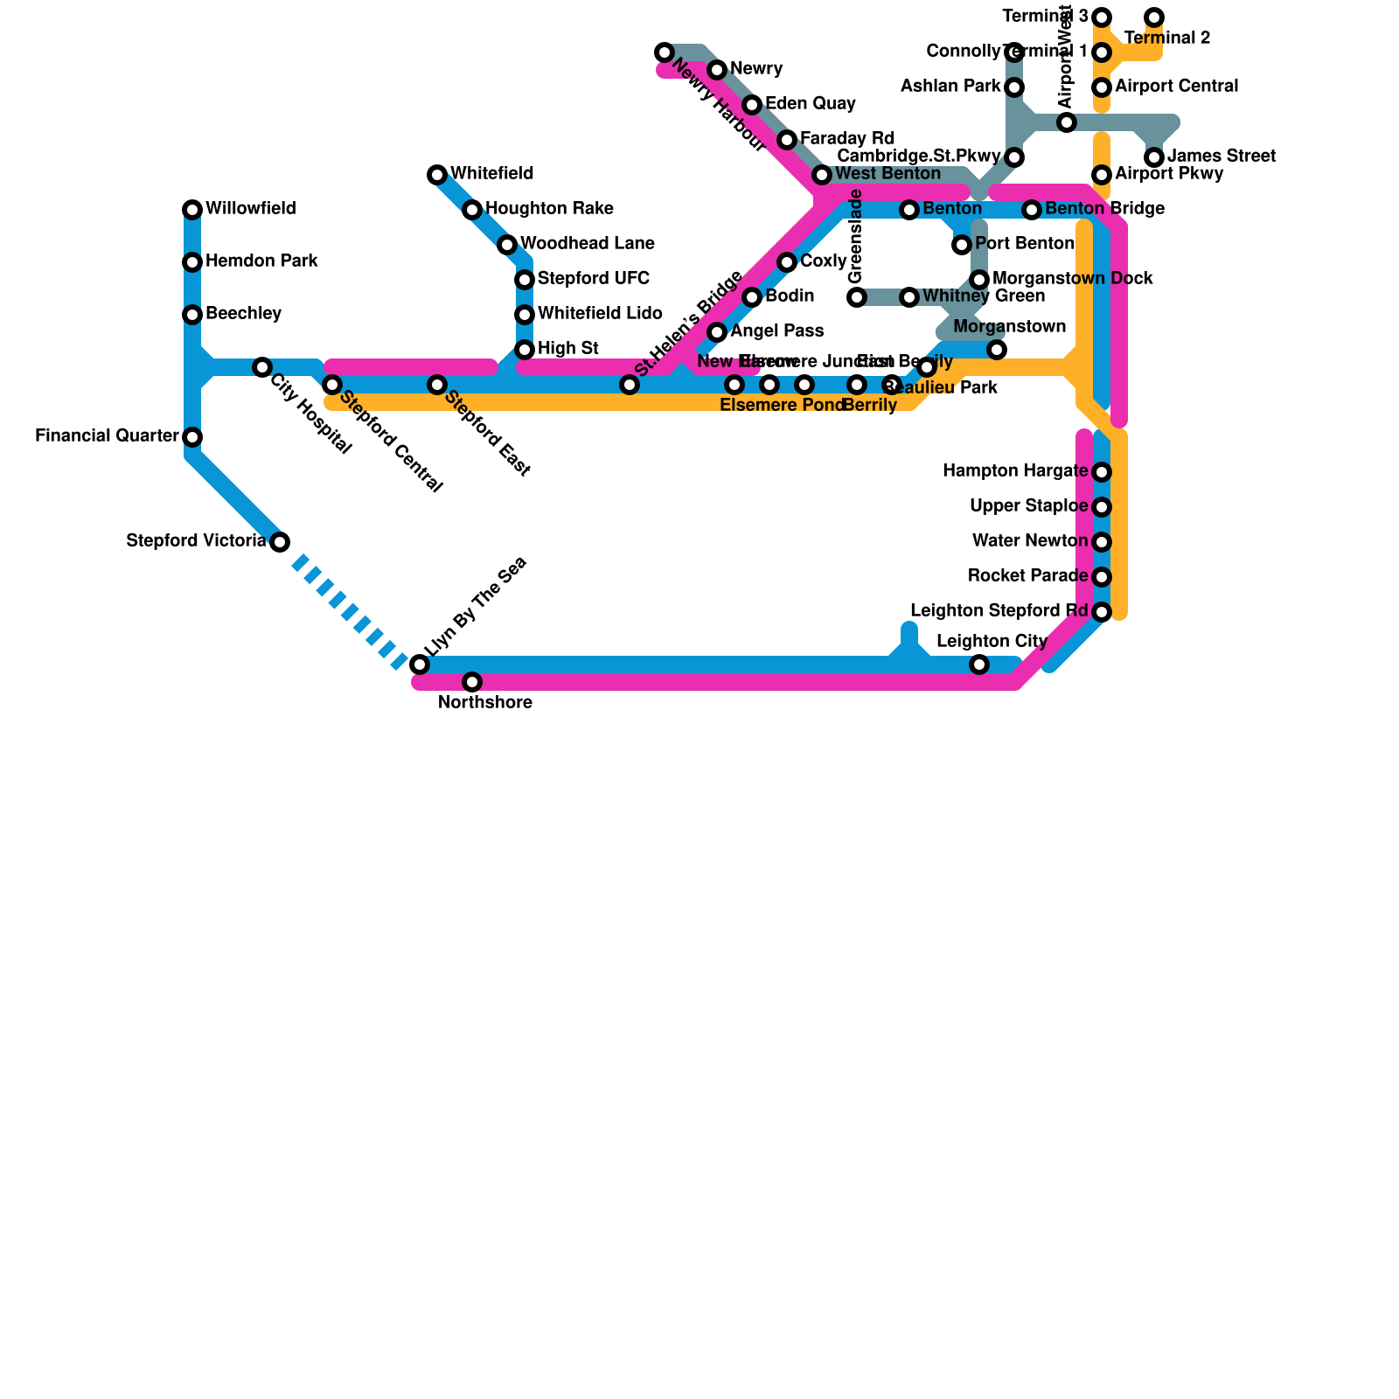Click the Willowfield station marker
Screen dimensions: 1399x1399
click(192, 210)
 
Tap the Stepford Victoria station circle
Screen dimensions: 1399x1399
click(280, 542)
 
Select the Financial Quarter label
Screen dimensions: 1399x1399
click(107, 436)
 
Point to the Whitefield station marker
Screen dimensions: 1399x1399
click(437, 175)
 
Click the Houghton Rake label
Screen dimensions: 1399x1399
click(549, 209)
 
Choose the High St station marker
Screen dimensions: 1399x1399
click(525, 350)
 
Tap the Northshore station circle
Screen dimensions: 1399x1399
click(472, 682)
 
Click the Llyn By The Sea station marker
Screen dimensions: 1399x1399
click(420, 665)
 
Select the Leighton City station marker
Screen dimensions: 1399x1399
click(979, 665)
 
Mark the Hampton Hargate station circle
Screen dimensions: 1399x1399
click(1102, 472)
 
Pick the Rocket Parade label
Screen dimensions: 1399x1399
click(1027, 576)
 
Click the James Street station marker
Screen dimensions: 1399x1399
click(1154, 157)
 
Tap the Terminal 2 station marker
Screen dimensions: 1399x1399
click(1154, 17)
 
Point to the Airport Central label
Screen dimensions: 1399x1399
click(1176, 87)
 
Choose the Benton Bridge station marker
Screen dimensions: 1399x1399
click(1032, 210)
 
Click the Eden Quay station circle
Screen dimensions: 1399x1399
click(752, 105)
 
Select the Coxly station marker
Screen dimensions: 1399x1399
click(787, 262)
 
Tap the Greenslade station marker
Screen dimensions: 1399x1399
click(857, 297)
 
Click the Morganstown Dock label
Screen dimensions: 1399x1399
click(1072, 279)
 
